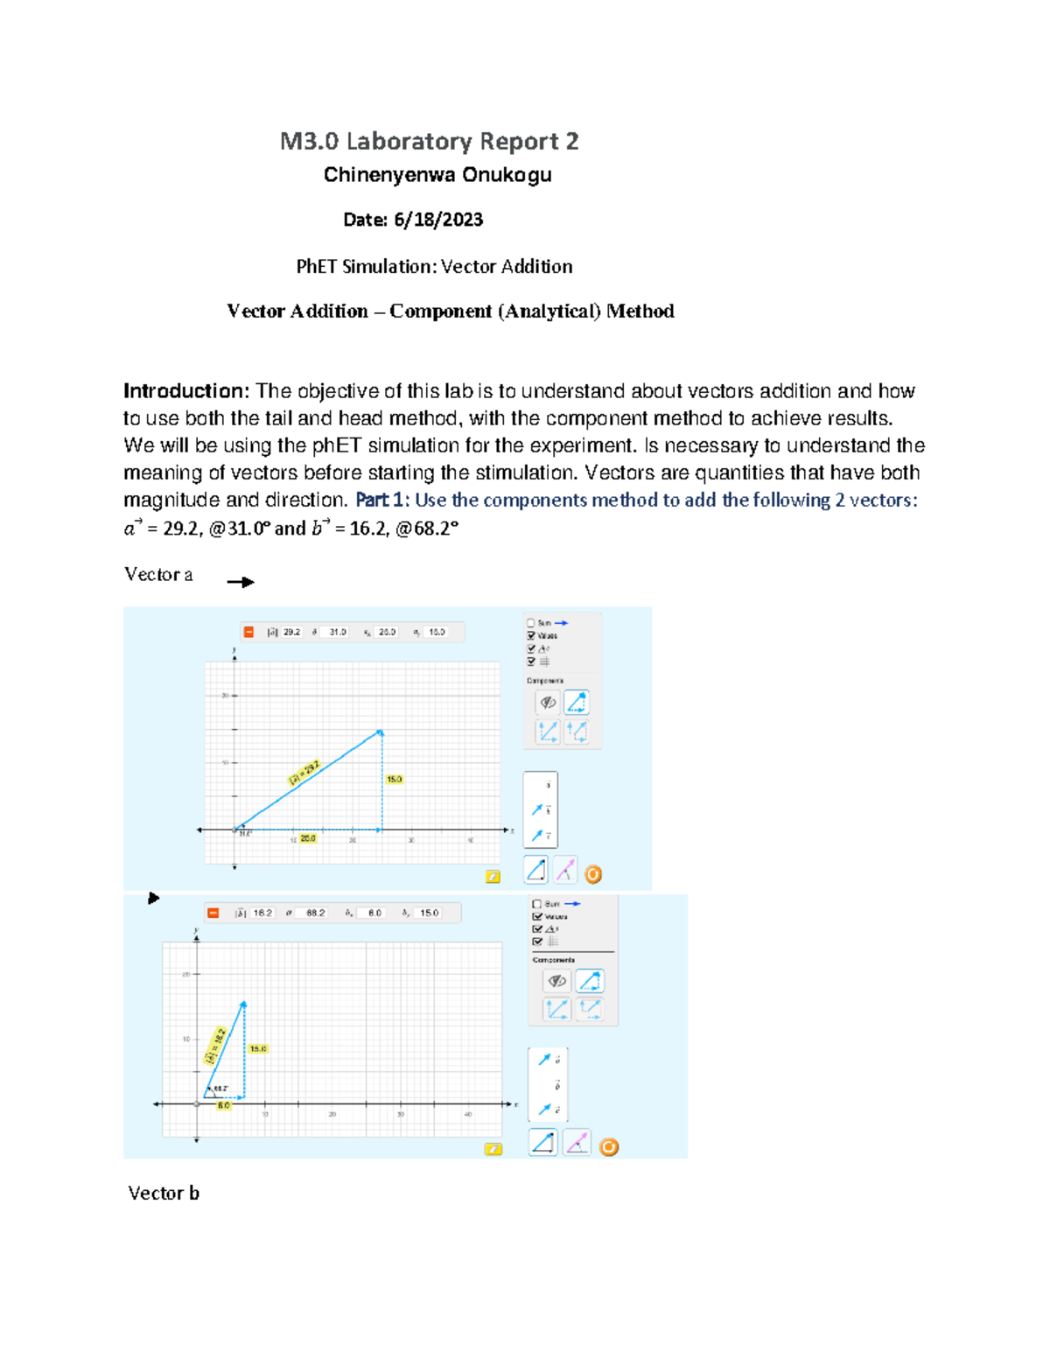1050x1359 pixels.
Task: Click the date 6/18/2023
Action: click(437, 220)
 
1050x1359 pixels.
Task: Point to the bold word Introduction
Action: click(186, 391)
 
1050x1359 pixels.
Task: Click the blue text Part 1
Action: click(381, 501)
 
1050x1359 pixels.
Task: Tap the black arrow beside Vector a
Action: click(241, 582)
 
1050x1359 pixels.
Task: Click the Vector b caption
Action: click(164, 1193)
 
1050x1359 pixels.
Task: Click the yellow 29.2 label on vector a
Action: click(305, 773)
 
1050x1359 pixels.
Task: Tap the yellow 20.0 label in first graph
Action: click(308, 838)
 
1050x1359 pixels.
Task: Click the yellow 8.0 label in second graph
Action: click(224, 1105)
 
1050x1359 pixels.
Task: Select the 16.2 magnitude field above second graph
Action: click(262, 913)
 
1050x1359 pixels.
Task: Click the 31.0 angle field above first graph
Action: click(338, 632)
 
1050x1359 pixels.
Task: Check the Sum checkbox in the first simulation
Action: click(531, 623)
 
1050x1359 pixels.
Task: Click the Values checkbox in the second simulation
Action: click(537, 916)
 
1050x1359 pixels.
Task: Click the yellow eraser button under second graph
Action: click(493, 1149)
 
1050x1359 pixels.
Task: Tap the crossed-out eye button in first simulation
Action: click(548, 703)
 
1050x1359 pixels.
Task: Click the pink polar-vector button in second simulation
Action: click(577, 1143)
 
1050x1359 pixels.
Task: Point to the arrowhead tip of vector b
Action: click(244, 1003)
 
